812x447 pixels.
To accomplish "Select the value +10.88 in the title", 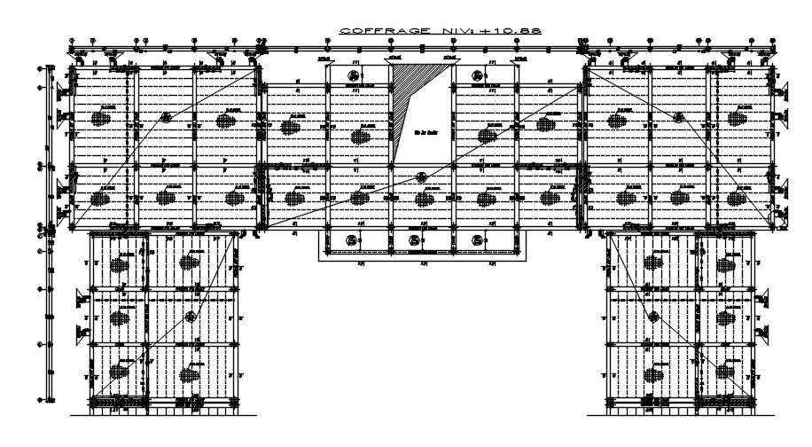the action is coord(518,32).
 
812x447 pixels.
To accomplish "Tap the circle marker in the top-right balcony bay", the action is coord(479,76).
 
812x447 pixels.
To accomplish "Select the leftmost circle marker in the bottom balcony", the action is coord(352,239).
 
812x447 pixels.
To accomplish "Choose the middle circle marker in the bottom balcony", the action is coord(414,239).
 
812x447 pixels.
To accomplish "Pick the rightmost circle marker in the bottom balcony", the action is coord(477,239).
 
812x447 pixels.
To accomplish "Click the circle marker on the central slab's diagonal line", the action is coord(422,176).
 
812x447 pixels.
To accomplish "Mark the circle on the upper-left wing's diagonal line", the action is coord(165,116).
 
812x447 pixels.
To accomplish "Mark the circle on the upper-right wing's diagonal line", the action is coord(679,116).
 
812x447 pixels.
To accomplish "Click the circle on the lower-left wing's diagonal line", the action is coord(190,317).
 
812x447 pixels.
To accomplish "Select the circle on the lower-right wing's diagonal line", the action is coord(655,317).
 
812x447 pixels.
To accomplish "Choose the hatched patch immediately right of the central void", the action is coord(487,135).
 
